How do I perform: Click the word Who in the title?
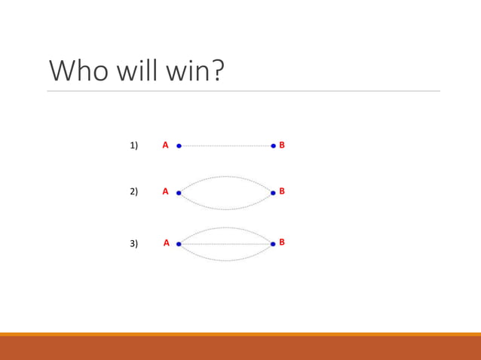[x=78, y=71]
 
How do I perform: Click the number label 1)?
[x=134, y=145]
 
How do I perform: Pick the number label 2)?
[x=134, y=191]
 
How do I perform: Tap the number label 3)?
[x=134, y=243]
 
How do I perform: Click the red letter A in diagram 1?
[x=166, y=145]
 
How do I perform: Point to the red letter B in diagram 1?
[x=282, y=145]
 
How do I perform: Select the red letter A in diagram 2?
[x=166, y=191]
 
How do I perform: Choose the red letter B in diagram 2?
[x=282, y=191]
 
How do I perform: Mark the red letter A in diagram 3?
[x=167, y=243]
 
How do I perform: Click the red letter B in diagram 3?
[x=282, y=242]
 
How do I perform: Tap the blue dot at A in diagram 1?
[x=179, y=146]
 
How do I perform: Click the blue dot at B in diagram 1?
[x=273, y=145]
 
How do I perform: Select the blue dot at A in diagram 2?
[x=179, y=193]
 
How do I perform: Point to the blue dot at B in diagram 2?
[x=273, y=193]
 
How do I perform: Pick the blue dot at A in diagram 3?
[x=179, y=244]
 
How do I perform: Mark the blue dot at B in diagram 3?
[x=273, y=244]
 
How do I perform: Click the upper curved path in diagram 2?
[x=225, y=177]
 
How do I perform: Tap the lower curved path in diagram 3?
[x=225, y=260]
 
